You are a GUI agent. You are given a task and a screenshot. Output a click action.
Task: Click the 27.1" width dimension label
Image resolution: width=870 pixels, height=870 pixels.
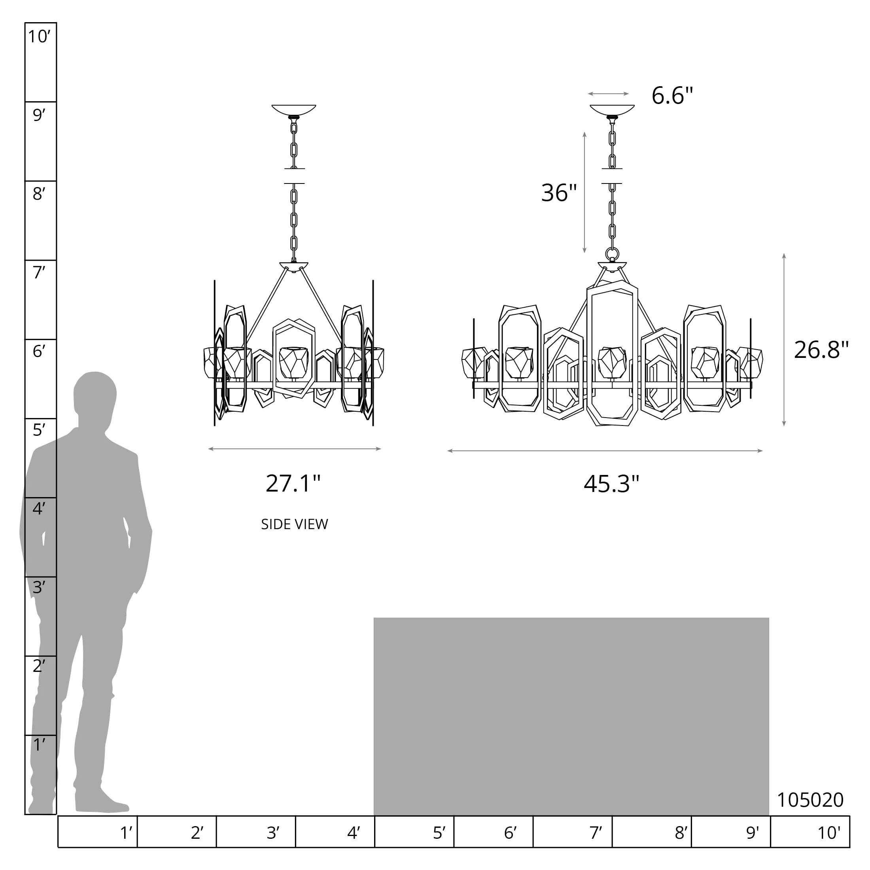point(293,484)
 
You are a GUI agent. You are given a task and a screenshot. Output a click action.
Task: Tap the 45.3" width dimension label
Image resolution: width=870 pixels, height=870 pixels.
point(611,484)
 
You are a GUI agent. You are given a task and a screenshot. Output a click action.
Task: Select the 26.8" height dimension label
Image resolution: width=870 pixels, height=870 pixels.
point(821,350)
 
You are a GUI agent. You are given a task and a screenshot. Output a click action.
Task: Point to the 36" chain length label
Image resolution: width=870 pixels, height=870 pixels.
point(559,193)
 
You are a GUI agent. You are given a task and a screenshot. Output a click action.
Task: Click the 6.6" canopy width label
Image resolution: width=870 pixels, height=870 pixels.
point(672,95)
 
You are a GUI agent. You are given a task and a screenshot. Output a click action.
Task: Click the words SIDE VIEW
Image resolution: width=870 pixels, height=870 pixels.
point(295,524)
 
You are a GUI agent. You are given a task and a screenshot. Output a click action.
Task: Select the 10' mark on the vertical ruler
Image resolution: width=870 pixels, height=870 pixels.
point(39,36)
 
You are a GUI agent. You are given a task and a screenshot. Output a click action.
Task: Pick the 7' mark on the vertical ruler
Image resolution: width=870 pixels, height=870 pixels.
point(39,272)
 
